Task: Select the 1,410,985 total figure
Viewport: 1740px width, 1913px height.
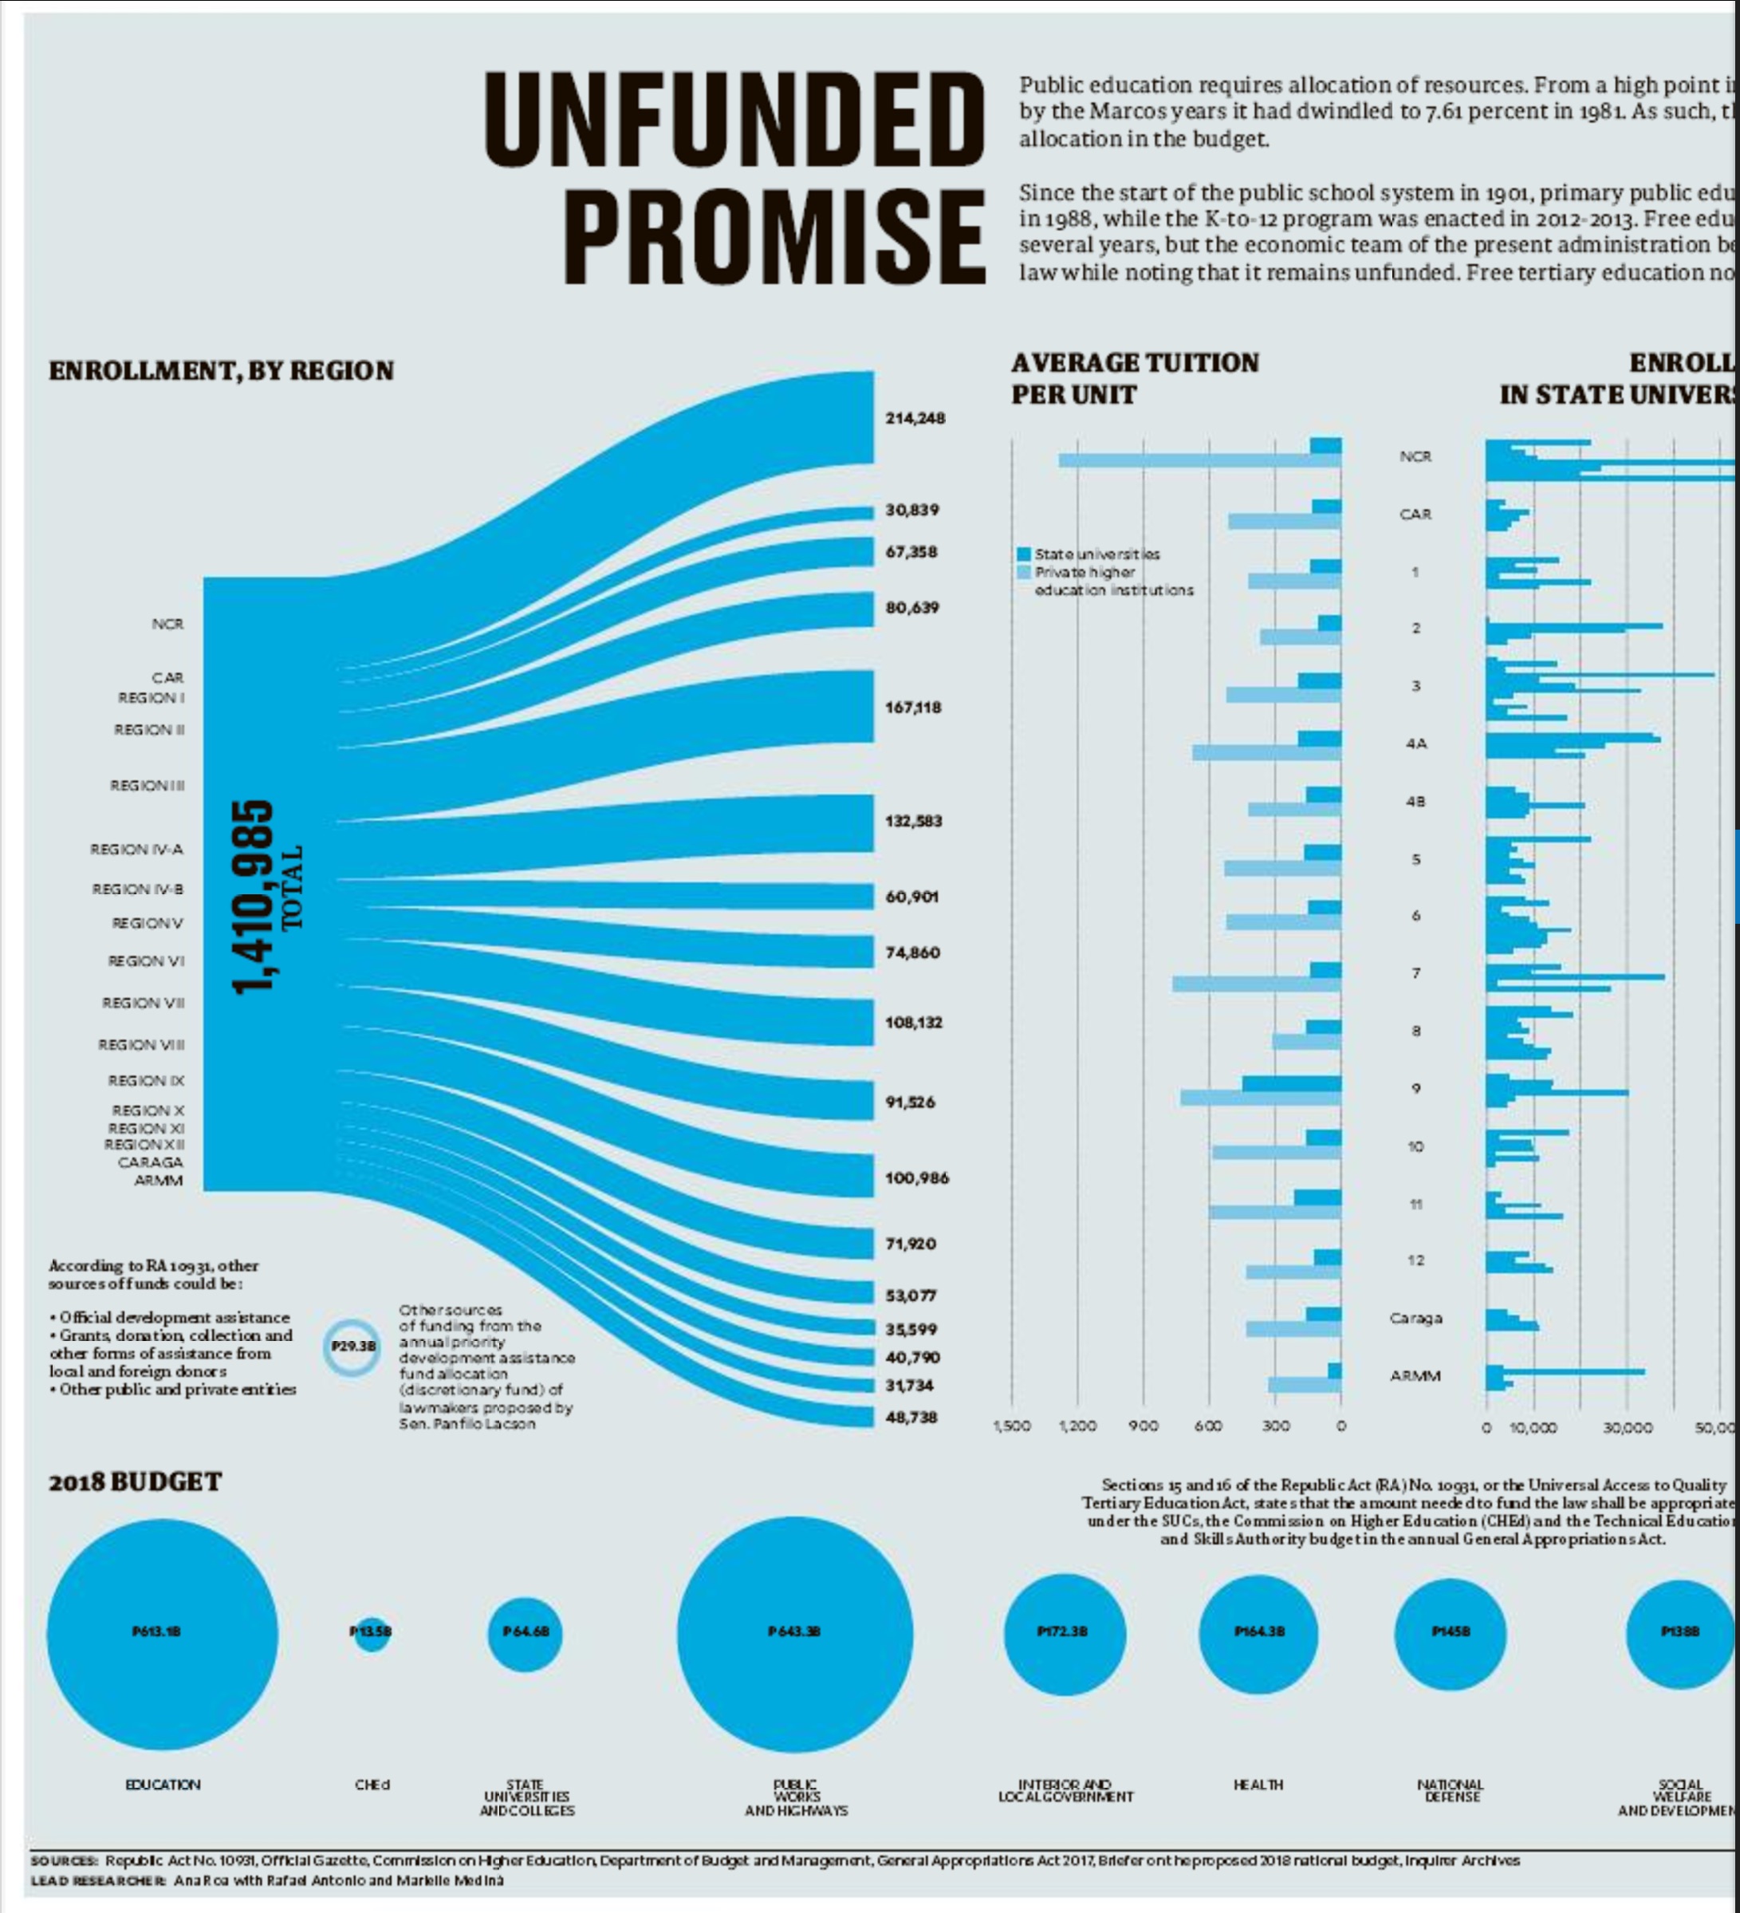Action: pyautogui.click(x=254, y=897)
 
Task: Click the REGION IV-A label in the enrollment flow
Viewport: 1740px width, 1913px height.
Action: pyautogui.click(x=136, y=850)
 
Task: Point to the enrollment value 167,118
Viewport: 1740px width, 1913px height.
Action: pyautogui.click(x=913, y=707)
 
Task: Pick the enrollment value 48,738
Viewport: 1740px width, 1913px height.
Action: pyautogui.click(x=911, y=1417)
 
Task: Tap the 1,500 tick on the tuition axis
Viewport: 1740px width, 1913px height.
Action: pyautogui.click(x=1010, y=1426)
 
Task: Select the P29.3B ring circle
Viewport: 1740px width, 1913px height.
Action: pyautogui.click(x=354, y=1346)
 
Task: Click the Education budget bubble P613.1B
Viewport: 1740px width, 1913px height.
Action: pyautogui.click(x=162, y=1632)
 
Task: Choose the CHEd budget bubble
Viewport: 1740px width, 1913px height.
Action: pyautogui.click(x=372, y=1633)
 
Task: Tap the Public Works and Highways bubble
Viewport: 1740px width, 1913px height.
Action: pyautogui.click(x=795, y=1633)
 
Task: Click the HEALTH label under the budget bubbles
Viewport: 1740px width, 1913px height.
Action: pyautogui.click(x=1258, y=1785)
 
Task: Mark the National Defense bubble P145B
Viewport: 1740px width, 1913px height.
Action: pyautogui.click(x=1450, y=1633)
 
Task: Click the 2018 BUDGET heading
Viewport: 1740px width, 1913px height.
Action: pyautogui.click(x=135, y=1482)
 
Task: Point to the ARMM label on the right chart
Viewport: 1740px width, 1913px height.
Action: pyautogui.click(x=1415, y=1376)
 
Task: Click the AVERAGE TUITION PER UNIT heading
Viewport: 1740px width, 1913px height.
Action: pyautogui.click(x=1135, y=377)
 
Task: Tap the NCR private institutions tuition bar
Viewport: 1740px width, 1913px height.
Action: pyautogui.click(x=1199, y=461)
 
